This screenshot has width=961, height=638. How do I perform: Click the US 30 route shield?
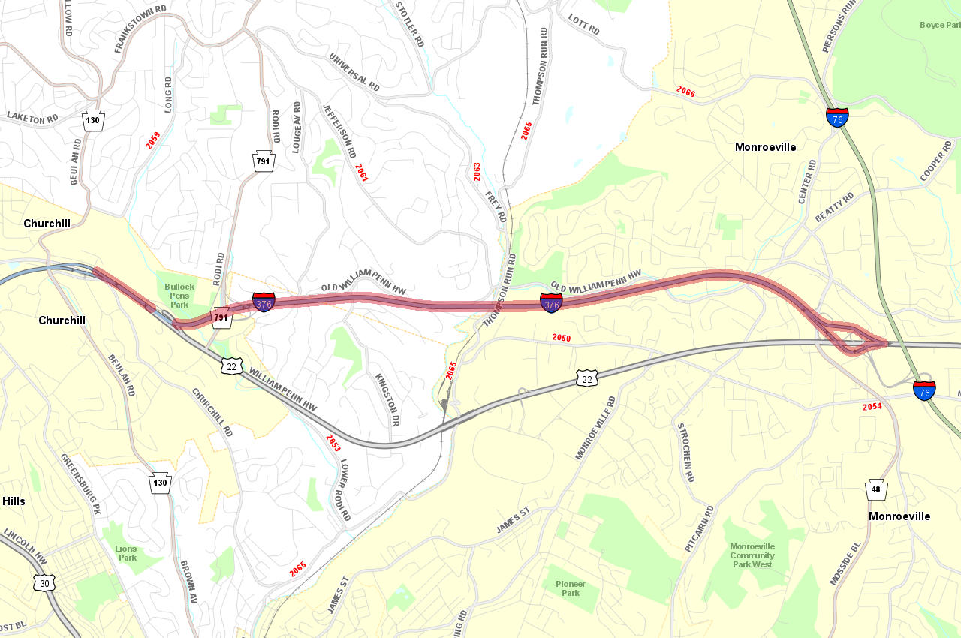click(x=44, y=582)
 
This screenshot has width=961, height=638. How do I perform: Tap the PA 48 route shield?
click(x=876, y=490)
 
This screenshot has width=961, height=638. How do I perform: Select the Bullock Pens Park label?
click(x=179, y=296)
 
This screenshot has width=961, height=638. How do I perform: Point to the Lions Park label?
click(x=126, y=553)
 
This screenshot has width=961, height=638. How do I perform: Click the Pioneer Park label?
click(x=571, y=588)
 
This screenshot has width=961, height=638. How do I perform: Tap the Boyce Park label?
click(x=939, y=25)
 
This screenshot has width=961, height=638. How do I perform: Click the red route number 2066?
click(x=685, y=92)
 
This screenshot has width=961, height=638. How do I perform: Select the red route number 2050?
click(x=561, y=338)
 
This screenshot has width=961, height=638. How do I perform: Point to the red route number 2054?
click(x=872, y=407)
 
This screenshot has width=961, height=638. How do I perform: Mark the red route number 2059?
click(x=153, y=140)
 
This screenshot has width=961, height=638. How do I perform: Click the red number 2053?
click(x=333, y=443)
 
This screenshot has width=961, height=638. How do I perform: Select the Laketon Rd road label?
click(x=32, y=118)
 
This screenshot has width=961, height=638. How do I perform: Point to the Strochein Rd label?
click(x=685, y=453)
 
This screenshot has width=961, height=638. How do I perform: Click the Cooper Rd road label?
click(x=936, y=161)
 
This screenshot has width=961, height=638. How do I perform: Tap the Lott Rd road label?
click(x=583, y=25)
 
